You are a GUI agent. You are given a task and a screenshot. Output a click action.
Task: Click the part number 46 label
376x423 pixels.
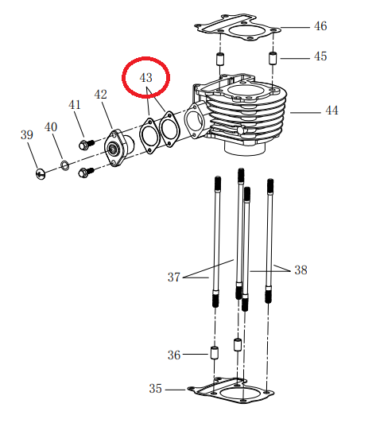tap(320, 26)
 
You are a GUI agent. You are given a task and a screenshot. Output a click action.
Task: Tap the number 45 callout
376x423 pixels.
tap(320, 57)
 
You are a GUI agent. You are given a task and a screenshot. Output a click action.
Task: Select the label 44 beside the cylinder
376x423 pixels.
tap(331, 111)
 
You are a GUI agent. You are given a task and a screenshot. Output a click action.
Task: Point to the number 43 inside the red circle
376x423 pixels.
tap(145, 78)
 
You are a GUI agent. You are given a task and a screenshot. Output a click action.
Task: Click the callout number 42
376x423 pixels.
tap(101, 95)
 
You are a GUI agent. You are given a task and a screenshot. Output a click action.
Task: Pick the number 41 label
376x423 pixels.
tap(74, 105)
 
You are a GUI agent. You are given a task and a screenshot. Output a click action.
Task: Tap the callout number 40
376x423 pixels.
tap(50, 127)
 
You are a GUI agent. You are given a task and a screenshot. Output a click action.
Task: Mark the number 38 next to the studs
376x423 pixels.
tap(300, 270)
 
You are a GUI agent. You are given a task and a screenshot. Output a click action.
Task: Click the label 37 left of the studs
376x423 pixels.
tap(174, 277)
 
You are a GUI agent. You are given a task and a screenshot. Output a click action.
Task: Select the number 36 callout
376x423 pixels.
tap(174, 355)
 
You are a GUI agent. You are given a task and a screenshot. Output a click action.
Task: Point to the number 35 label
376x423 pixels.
tap(156, 389)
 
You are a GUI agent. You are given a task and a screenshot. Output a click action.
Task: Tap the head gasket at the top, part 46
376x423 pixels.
tap(238, 29)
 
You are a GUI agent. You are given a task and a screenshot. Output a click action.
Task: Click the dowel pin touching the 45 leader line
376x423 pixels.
tap(273, 59)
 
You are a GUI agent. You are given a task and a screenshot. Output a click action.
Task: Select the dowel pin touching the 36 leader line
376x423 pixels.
tap(214, 352)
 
